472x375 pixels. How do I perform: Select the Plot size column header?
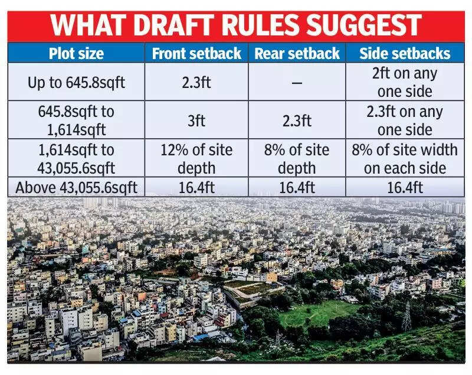[76, 54]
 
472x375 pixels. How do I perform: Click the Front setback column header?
[196, 54]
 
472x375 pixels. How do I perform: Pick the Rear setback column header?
[297, 54]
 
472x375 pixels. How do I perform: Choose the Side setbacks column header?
[405, 54]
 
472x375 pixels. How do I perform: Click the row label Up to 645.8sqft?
[76, 82]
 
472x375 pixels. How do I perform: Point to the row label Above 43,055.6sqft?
[76, 188]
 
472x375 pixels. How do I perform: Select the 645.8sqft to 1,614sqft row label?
[76, 120]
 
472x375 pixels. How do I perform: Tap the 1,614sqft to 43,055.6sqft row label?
[76, 158]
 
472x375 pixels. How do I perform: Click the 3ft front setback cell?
[196, 120]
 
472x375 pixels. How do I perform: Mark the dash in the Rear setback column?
[297, 83]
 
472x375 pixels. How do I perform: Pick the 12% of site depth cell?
[196, 158]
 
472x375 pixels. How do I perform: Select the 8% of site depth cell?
[297, 158]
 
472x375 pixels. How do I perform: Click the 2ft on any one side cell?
[405, 82]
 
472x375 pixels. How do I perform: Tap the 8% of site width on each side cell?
[405, 158]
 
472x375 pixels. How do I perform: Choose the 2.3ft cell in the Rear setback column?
[297, 120]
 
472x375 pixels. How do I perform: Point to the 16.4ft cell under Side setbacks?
[405, 188]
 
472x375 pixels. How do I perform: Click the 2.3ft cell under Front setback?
[196, 82]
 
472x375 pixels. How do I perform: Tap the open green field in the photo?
[319, 313]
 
